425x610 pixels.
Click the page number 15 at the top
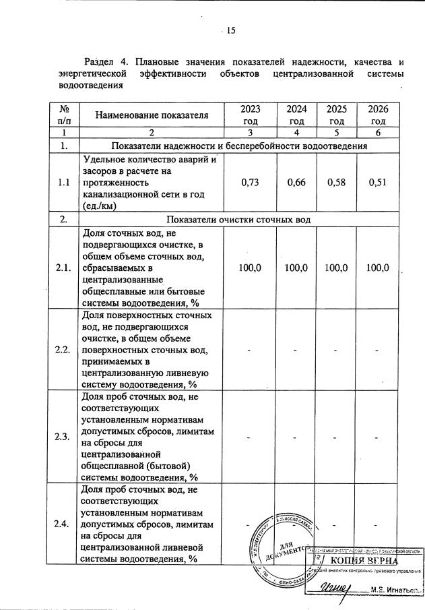230,30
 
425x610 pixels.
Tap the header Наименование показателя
152,115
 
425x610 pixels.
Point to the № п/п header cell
65,115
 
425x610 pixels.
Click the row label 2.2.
65,350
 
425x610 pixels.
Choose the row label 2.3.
65,437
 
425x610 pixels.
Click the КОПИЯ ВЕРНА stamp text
363,561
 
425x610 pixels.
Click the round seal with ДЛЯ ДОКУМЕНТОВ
277,549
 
